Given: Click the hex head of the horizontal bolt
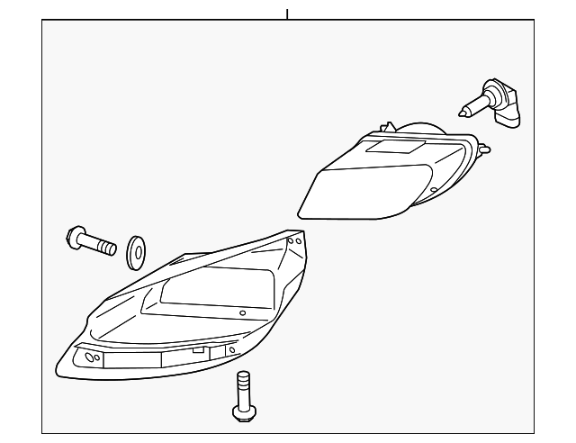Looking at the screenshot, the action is (x=75, y=238).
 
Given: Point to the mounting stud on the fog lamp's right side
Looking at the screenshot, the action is (x=486, y=148).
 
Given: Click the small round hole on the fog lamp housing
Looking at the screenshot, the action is (x=434, y=189).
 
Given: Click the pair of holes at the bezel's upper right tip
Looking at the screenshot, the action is (x=296, y=241).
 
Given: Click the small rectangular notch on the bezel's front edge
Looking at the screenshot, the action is (x=198, y=348).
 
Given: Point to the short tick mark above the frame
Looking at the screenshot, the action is (x=287, y=14).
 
